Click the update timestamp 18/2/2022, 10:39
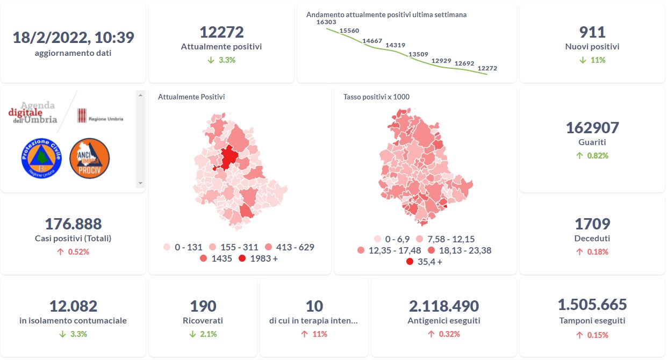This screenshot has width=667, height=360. [x=73, y=38]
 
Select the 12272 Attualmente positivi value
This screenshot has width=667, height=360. [x=221, y=32]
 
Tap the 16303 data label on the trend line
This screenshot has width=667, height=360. [x=326, y=22]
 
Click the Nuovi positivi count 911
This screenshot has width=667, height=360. [x=592, y=32]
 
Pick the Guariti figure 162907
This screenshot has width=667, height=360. [x=592, y=128]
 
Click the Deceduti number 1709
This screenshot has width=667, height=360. [x=592, y=224]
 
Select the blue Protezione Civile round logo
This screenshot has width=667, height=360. [x=41, y=158]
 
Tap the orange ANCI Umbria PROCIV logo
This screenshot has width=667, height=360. [x=90, y=158]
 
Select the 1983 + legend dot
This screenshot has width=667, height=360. [x=242, y=259]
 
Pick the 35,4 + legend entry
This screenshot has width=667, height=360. [x=424, y=262]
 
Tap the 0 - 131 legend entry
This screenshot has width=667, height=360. [x=183, y=247]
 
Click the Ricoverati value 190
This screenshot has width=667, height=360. [x=203, y=306]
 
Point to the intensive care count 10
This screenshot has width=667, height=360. [x=314, y=306]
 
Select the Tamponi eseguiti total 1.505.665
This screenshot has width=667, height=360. [x=592, y=305]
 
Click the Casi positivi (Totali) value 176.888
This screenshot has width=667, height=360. [x=73, y=224]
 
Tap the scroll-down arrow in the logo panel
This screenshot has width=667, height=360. [x=141, y=183]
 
